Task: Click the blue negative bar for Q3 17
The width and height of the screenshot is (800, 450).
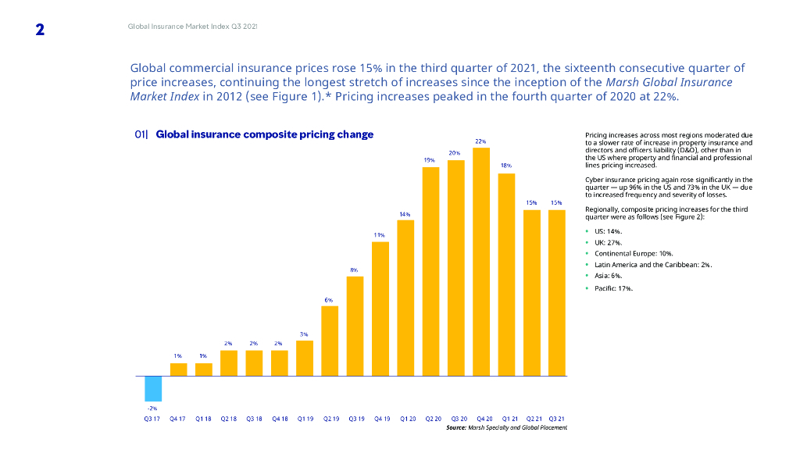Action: [x=153, y=388]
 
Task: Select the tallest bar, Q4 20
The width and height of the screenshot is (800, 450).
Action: [x=481, y=262]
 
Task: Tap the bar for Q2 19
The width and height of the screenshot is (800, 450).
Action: [x=330, y=341]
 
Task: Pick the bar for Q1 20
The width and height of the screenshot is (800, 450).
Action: [x=405, y=298]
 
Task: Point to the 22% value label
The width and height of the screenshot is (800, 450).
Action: [x=481, y=141]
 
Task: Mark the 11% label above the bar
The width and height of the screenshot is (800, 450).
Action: [x=380, y=234]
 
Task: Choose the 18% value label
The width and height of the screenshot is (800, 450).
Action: [x=506, y=166]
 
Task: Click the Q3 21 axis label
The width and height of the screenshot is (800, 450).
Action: [x=557, y=419]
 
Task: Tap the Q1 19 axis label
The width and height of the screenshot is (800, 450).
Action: [x=305, y=419]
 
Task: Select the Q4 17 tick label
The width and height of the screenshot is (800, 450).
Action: [x=178, y=419]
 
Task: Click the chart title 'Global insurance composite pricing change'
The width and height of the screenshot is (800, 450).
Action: [x=265, y=134]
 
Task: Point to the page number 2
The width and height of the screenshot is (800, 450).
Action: [x=40, y=30]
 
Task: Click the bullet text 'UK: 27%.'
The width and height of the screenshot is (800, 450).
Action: [x=609, y=243]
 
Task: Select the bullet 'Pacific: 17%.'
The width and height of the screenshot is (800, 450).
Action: [x=614, y=288]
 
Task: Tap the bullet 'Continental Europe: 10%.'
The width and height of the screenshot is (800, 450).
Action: [x=634, y=254]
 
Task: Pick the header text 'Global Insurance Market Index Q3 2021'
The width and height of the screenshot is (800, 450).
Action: [x=192, y=27]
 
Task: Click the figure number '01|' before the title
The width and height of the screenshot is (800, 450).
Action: [x=141, y=134]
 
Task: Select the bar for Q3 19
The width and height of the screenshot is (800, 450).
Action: [x=355, y=326]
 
